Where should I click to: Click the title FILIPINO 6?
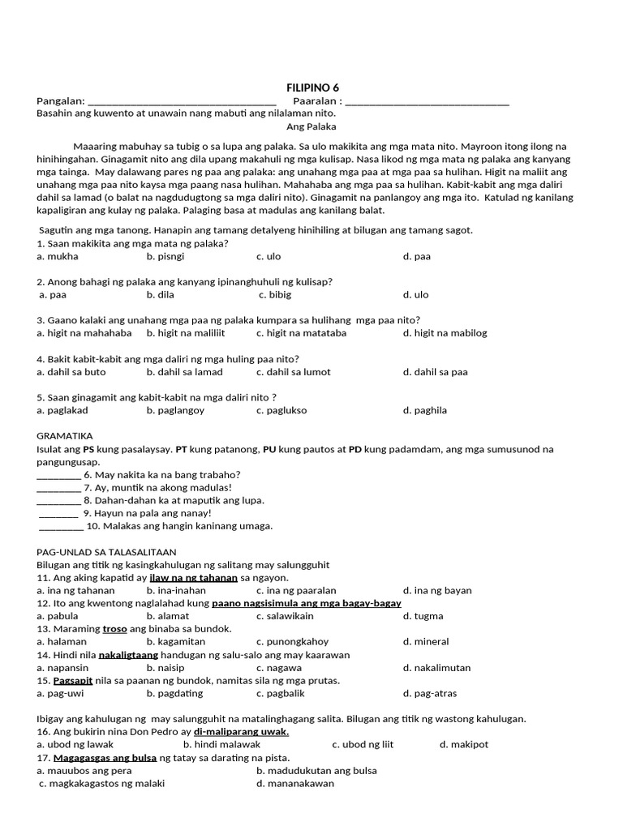click(x=311, y=88)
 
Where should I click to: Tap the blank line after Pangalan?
click(x=182, y=103)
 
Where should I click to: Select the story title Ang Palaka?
click(x=311, y=126)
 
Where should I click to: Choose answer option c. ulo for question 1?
click(x=269, y=256)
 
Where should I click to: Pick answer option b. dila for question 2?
click(x=161, y=295)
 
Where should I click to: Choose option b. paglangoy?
click(x=175, y=410)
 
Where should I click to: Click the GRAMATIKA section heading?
click(x=65, y=435)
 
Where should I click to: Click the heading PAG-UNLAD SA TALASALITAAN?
click(x=106, y=552)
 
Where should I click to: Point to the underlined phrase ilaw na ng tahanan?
click(x=193, y=578)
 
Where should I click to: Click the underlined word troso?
click(x=114, y=629)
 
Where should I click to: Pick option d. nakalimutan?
click(x=436, y=668)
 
